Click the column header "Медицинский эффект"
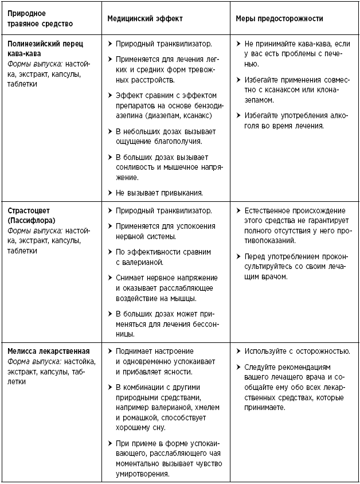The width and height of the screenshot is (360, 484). click(x=145, y=19)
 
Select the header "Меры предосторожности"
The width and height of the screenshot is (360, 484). click(x=279, y=19)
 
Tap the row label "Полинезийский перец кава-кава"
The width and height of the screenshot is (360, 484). click(x=44, y=48)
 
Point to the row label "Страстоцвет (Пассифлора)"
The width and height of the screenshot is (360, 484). click(x=37, y=215)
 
